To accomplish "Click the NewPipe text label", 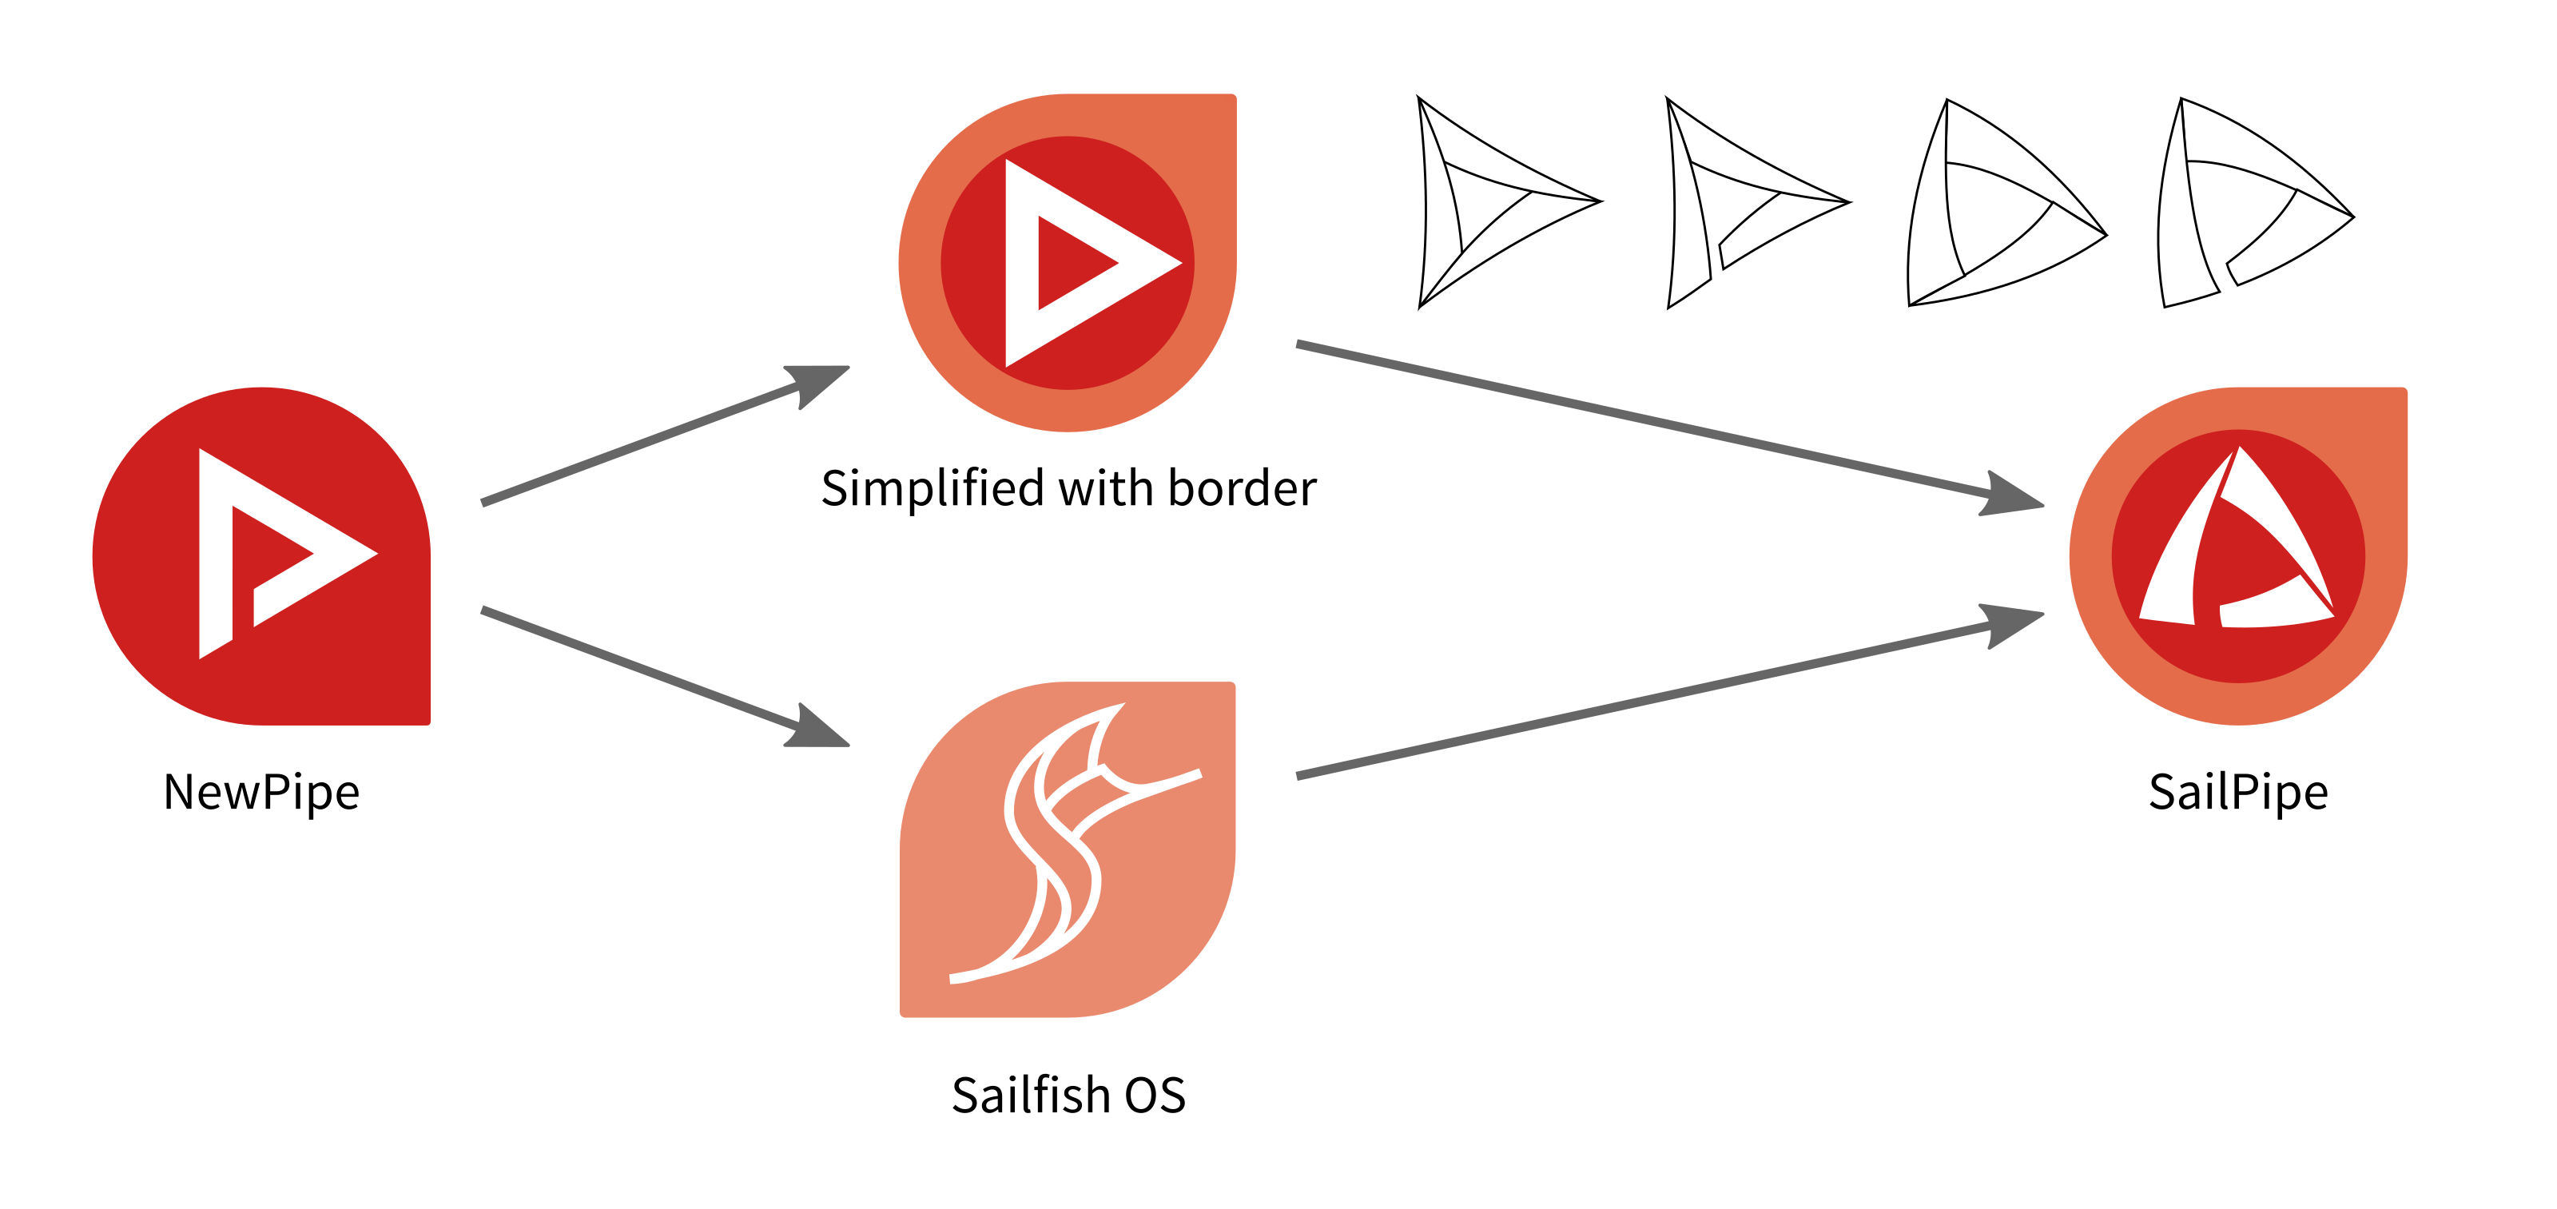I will [261, 792].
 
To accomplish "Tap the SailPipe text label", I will [2237, 792].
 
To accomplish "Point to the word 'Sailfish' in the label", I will [1030, 1095].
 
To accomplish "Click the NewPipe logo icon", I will [261, 556].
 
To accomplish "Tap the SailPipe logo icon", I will [2237, 556].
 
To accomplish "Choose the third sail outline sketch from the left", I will [1995, 209].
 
